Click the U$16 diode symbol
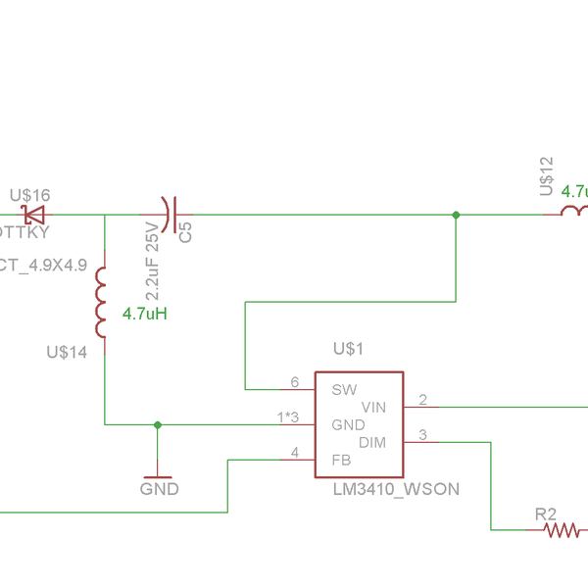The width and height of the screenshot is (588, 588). tap(35, 215)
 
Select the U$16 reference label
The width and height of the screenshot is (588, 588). tap(29, 196)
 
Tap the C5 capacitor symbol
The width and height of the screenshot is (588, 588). tap(168, 215)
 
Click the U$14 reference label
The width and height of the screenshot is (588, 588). tap(67, 351)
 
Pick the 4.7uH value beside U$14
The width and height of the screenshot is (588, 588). tap(144, 315)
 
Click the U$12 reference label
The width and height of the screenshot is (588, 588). tap(547, 175)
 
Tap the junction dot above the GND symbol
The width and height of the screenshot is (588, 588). tap(157, 424)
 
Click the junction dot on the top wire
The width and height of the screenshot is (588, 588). tap(456, 215)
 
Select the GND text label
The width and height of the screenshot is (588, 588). tap(159, 488)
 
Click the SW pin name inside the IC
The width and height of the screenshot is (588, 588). tap(344, 389)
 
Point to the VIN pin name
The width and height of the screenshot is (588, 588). tap(374, 407)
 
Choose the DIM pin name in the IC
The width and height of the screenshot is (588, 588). tap(372, 443)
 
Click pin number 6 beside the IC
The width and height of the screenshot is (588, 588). tap(294, 382)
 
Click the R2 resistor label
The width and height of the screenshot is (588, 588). tap(546, 514)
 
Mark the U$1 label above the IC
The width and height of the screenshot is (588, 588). tap(348, 348)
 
